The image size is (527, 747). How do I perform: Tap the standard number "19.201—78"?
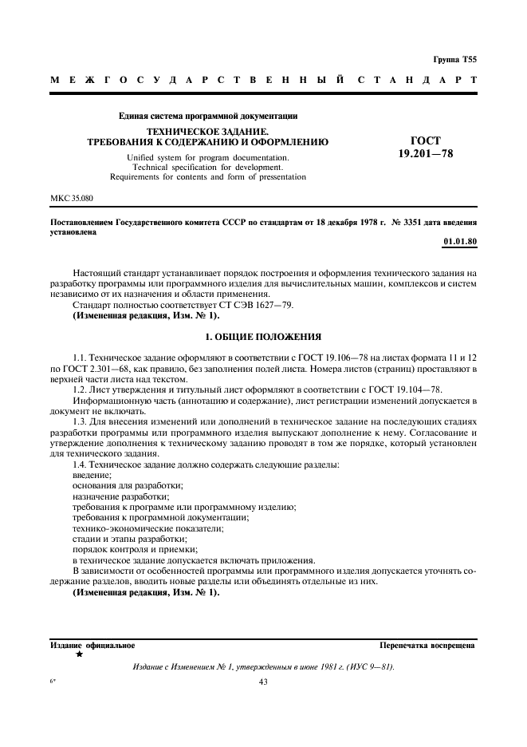pos(425,153)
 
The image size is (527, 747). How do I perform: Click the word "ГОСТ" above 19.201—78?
pos(425,139)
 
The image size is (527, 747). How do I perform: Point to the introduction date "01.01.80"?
pos(459,241)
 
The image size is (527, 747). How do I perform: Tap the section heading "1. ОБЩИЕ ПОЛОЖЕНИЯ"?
pos(263,337)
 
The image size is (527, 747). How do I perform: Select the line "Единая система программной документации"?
pos(207,116)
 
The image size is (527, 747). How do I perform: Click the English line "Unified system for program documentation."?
pos(207,157)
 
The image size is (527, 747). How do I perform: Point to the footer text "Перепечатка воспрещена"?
pos(427,645)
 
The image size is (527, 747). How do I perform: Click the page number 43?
pos(264,682)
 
